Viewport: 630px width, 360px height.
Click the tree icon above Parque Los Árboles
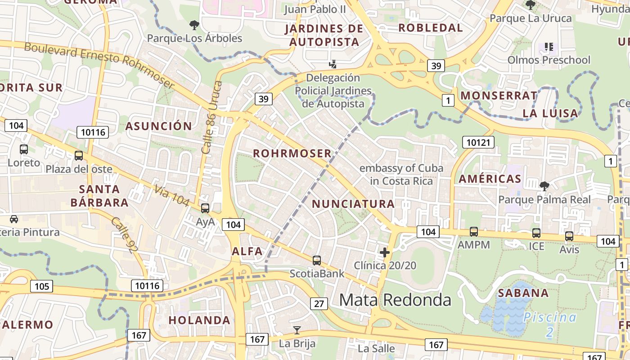(x=194, y=25)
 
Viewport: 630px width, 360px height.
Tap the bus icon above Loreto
(x=24, y=149)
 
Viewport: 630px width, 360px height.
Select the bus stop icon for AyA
(x=205, y=208)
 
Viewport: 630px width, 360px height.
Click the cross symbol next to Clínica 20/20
(x=384, y=252)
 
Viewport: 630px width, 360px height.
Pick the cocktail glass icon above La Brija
(x=297, y=330)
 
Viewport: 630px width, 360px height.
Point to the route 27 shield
(x=319, y=304)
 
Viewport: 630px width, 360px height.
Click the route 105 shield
(x=41, y=286)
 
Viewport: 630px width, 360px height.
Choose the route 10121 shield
(x=478, y=143)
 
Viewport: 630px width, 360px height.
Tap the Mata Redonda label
(x=395, y=300)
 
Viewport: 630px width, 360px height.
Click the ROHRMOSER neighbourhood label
(x=292, y=153)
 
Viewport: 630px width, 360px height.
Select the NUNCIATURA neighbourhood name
(x=353, y=204)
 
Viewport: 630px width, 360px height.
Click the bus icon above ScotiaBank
(x=317, y=261)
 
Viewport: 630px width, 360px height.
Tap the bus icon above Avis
(x=569, y=236)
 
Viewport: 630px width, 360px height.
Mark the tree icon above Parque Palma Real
(x=544, y=186)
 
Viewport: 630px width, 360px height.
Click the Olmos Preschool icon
(x=549, y=47)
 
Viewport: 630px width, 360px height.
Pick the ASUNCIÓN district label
(x=158, y=126)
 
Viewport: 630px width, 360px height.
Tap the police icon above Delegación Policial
(x=333, y=64)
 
